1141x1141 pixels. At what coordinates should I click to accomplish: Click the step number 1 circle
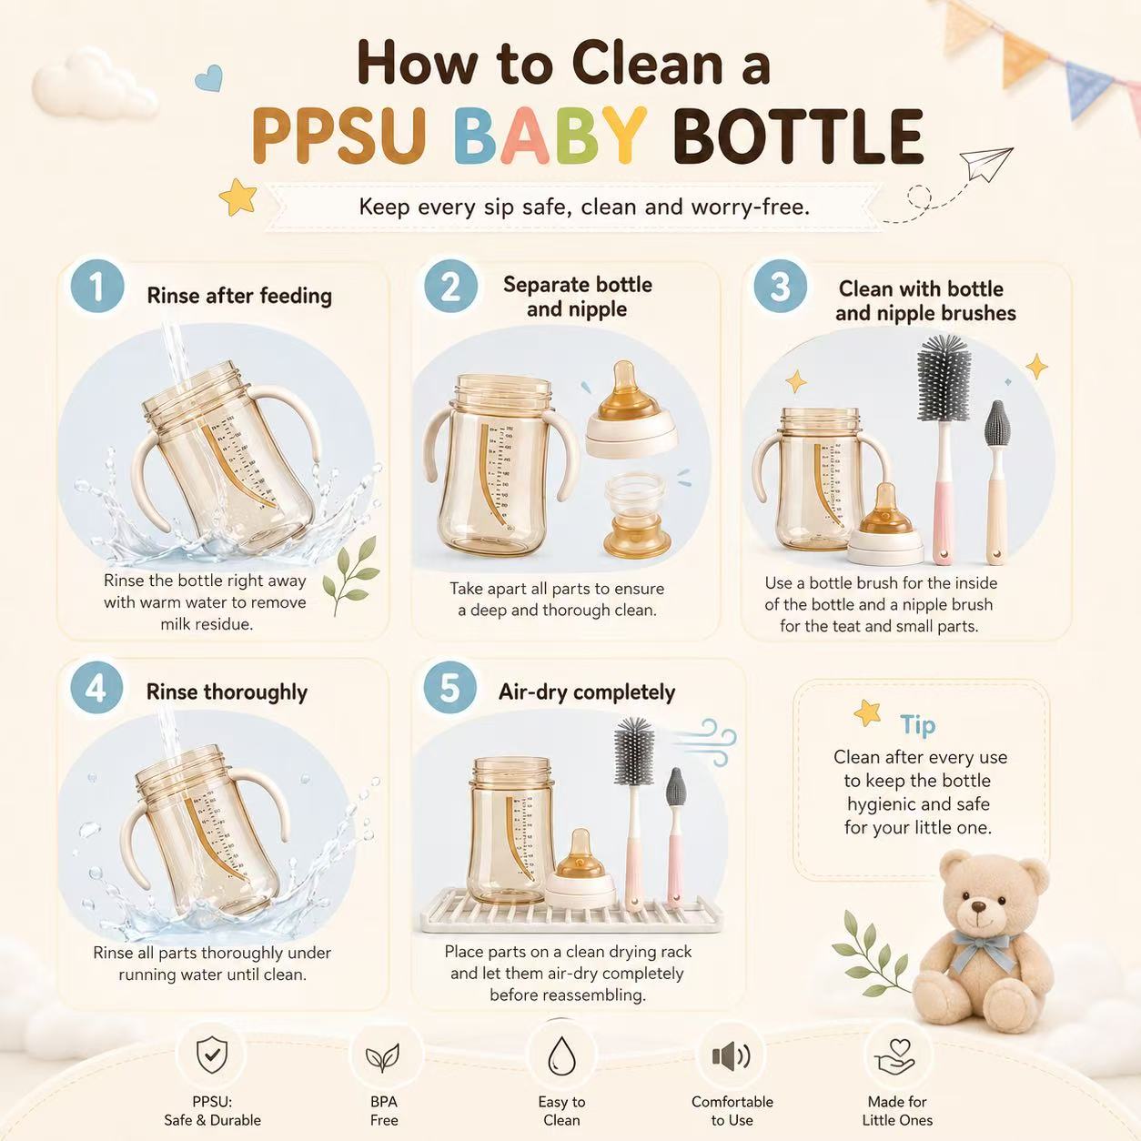pos(97,286)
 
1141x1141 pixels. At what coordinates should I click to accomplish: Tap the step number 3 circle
pos(780,286)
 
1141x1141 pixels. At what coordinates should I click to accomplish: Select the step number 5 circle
pos(450,689)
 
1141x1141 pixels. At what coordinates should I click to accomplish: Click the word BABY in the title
pos(550,136)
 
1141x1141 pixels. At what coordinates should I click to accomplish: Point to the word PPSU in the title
pos(339,136)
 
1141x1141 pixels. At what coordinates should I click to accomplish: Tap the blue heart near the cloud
pos(209,77)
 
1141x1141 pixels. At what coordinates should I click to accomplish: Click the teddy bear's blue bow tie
pos(984,950)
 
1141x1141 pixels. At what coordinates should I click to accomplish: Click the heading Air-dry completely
pos(587,692)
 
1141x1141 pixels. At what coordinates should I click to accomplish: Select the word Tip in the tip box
pos(918,725)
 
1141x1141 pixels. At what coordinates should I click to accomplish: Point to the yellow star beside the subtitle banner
pos(238,196)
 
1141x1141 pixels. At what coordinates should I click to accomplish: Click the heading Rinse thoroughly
pos(227,692)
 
